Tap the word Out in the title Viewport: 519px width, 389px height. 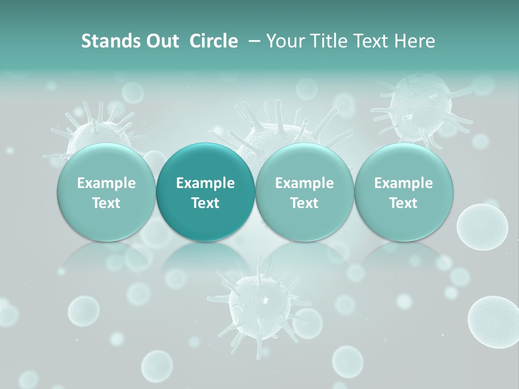click(x=161, y=41)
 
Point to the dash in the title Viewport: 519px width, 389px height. click(x=252, y=42)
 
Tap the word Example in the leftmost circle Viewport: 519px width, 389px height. click(x=107, y=183)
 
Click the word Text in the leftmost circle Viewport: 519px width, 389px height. click(x=107, y=203)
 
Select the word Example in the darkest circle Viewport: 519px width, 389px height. click(x=205, y=183)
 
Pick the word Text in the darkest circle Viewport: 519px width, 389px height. click(x=205, y=203)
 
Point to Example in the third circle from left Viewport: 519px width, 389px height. click(x=304, y=183)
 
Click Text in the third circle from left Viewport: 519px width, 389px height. click(x=304, y=203)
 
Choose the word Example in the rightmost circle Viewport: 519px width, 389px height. click(x=403, y=183)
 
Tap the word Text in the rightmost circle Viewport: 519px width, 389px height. click(x=403, y=203)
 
